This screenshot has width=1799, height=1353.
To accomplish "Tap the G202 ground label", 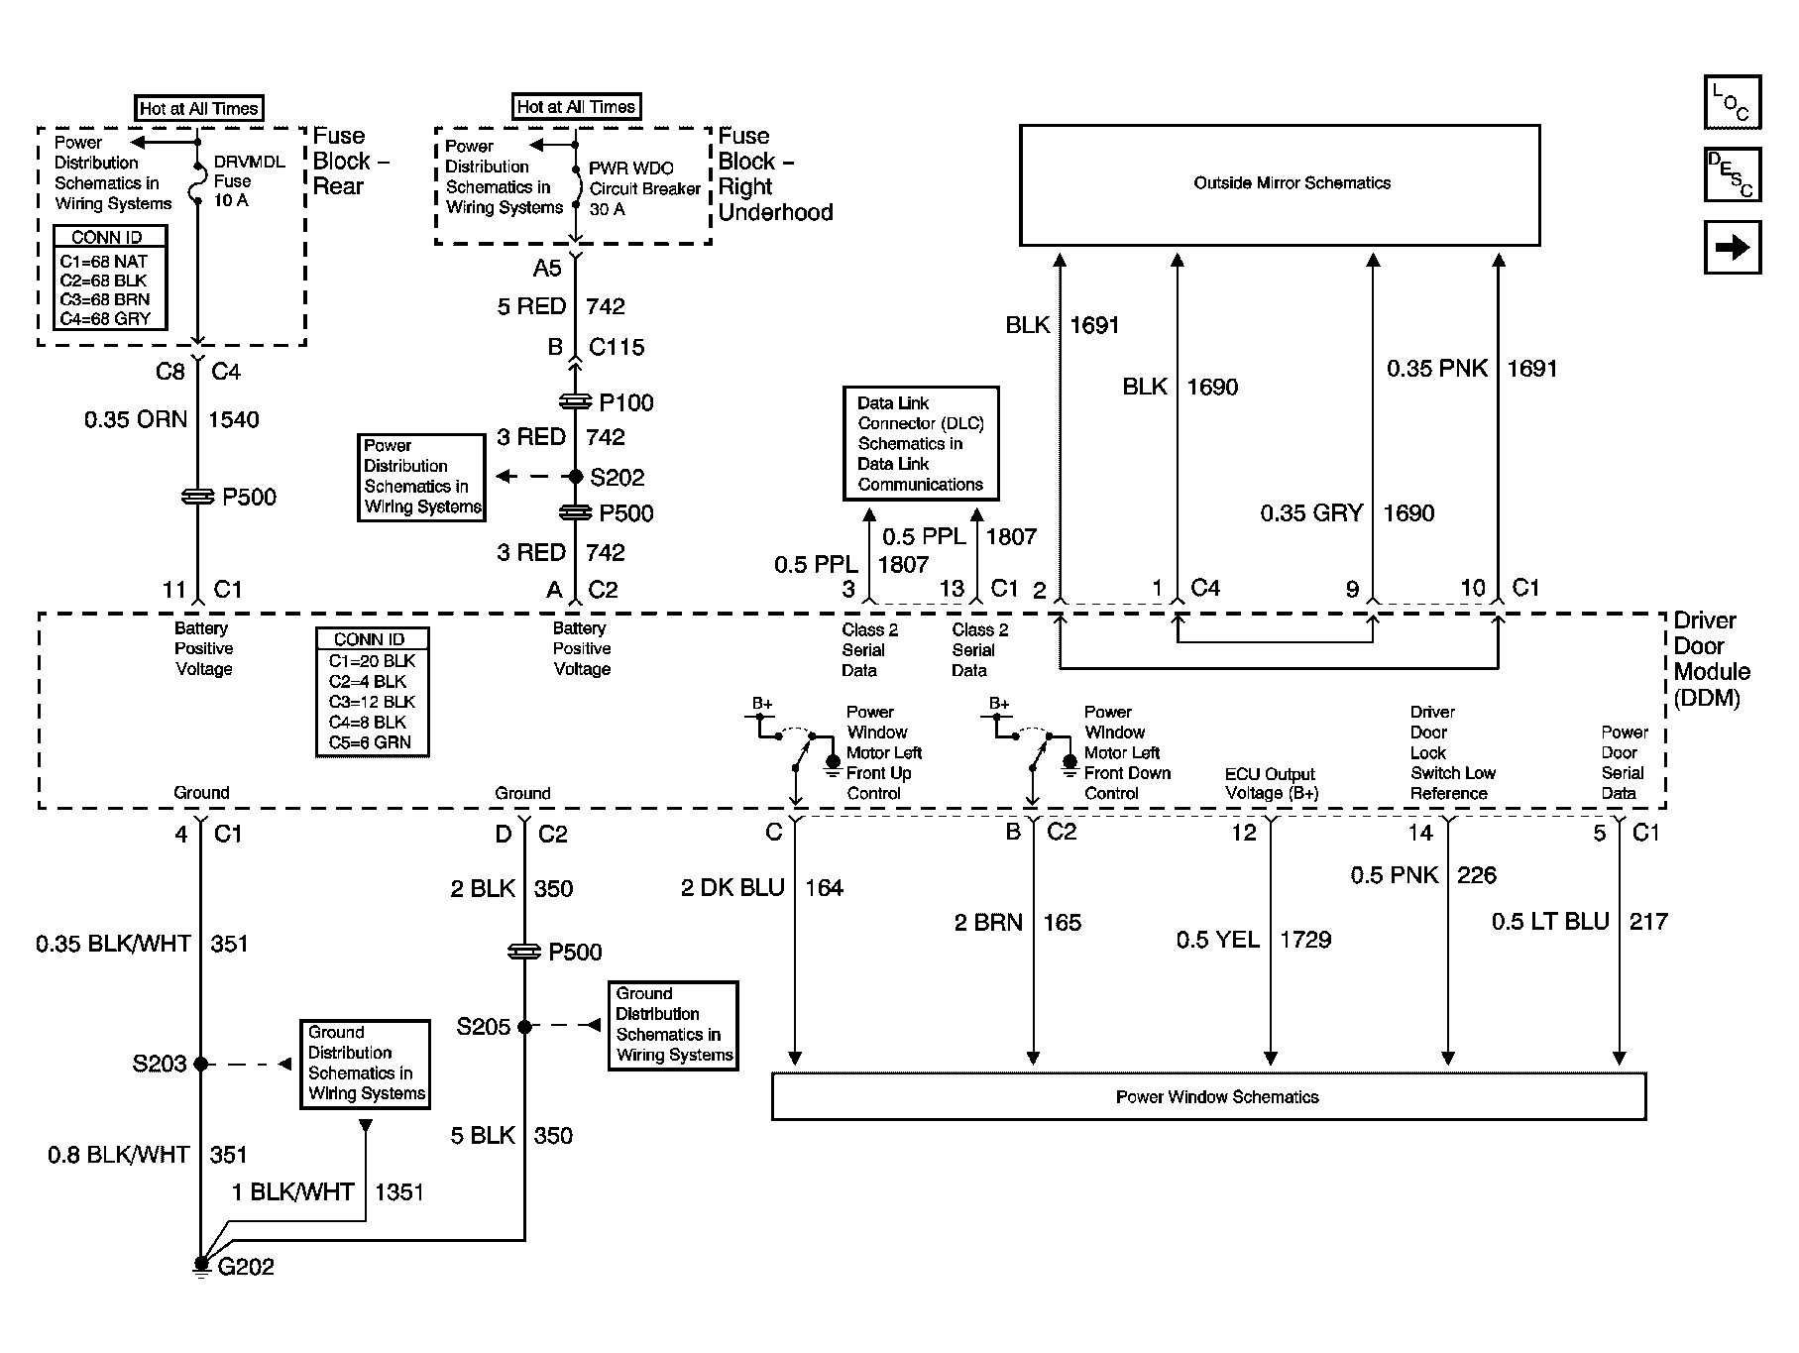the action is click(x=246, y=1267).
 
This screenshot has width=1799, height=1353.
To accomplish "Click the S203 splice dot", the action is click(x=200, y=1064).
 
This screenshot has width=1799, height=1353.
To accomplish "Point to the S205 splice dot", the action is click(x=524, y=1026).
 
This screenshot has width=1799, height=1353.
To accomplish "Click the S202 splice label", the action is click(x=617, y=478).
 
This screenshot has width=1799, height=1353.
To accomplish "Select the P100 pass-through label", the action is click(x=626, y=402).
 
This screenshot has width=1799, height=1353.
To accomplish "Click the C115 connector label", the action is click(x=617, y=347).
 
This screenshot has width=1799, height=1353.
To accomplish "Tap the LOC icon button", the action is click(x=1733, y=102).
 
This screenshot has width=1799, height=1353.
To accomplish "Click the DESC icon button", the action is click(x=1733, y=174).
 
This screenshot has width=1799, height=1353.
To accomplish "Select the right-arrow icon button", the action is click(x=1733, y=247).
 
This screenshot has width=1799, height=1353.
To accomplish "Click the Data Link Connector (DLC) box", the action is click(x=921, y=443).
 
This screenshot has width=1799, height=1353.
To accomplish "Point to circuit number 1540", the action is click(x=234, y=419).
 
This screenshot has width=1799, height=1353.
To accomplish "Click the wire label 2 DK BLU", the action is click(x=732, y=888).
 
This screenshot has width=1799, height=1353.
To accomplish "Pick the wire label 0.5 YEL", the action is click(x=1218, y=940).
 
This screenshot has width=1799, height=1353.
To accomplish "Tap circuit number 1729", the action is click(x=1305, y=940).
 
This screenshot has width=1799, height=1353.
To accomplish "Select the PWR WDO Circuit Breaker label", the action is click(x=645, y=188).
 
